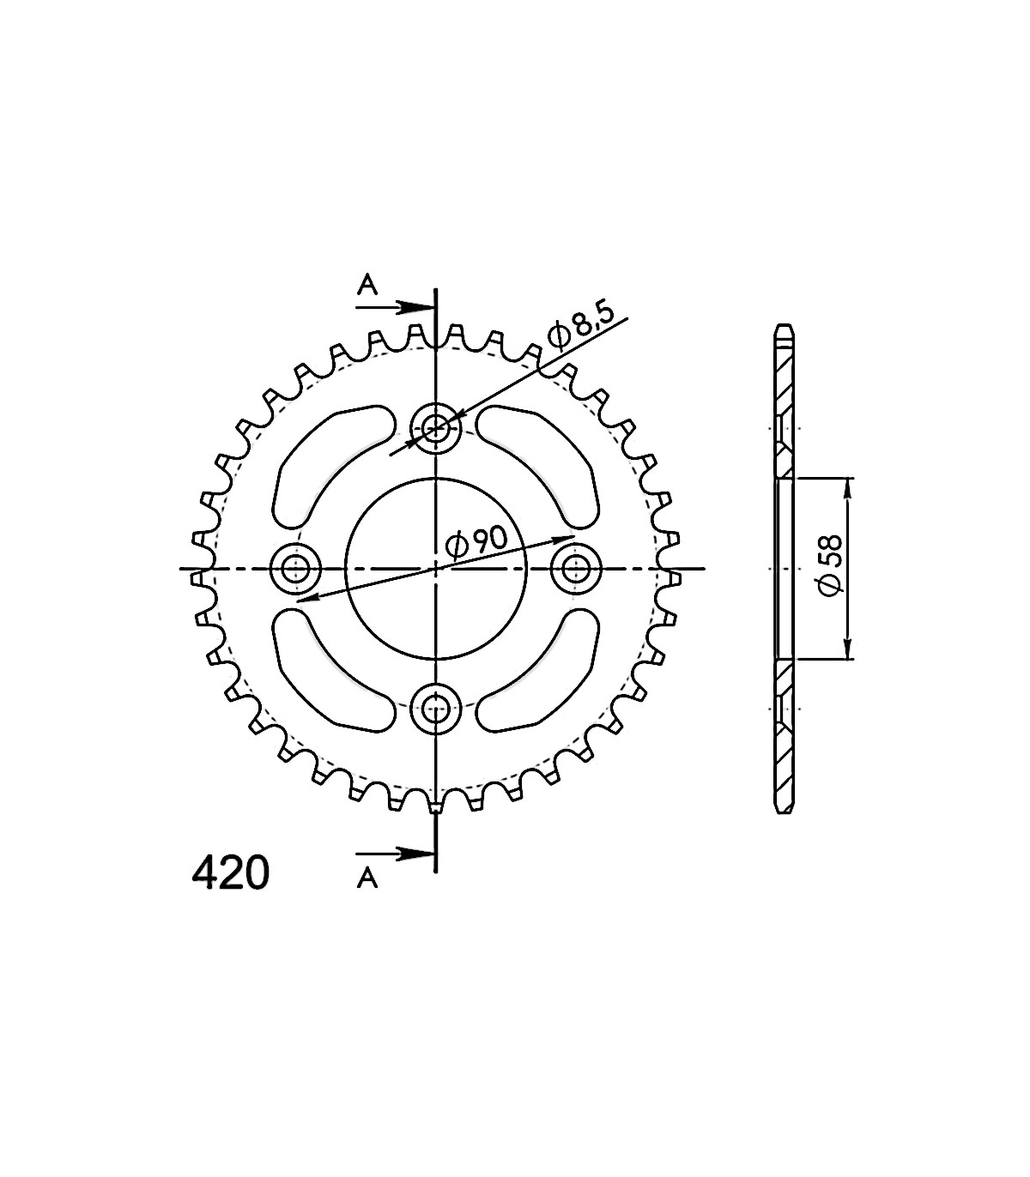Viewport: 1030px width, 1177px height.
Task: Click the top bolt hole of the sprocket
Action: tap(435, 427)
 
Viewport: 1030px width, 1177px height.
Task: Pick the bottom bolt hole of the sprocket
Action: tap(435, 709)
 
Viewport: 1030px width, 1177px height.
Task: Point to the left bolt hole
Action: tap(295, 569)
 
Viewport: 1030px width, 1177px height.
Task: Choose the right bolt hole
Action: tap(576, 569)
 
